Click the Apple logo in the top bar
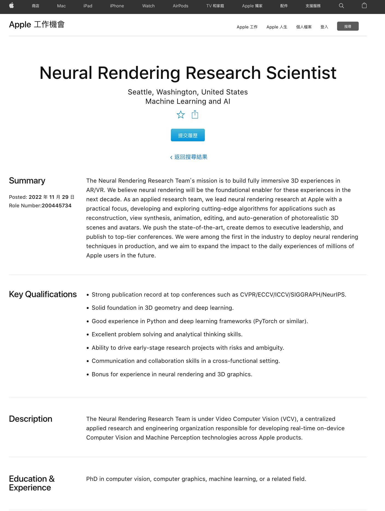click(x=12, y=5)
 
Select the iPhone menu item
click(x=117, y=6)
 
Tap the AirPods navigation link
click(x=180, y=6)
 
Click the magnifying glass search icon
click(x=341, y=6)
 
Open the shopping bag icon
click(x=364, y=6)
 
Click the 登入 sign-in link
click(x=324, y=27)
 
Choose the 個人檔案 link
click(x=304, y=27)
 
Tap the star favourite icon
click(x=181, y=114)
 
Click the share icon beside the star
click(x=195, y=114)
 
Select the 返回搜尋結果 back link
click(x=189, y=157)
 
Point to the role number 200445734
click(x=57, y=206)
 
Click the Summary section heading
click(x=27, y=181)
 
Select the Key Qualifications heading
click(x=43, y=294)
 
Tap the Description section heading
click(x=31, y=419)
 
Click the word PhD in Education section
click(x=92, y=479)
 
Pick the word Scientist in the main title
click(x=301, y=73)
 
